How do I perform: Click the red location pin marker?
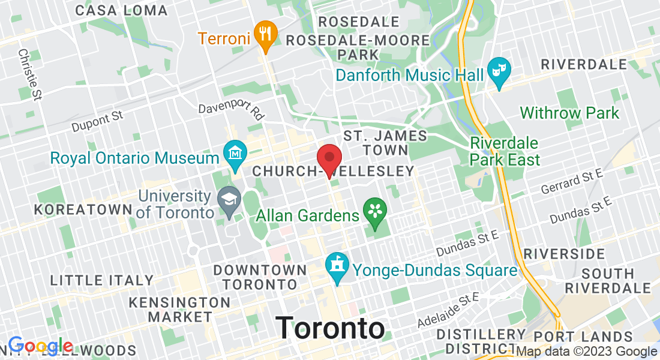(x=329, y=160)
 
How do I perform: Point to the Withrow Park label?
(x=569, y=113)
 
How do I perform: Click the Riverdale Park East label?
(x=505, y=152)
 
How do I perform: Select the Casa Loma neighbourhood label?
(x=122, y=10)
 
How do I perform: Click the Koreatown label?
(x=83, y=209)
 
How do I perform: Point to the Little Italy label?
(x=102, y=280)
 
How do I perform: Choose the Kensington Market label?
(x=179, y=309)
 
